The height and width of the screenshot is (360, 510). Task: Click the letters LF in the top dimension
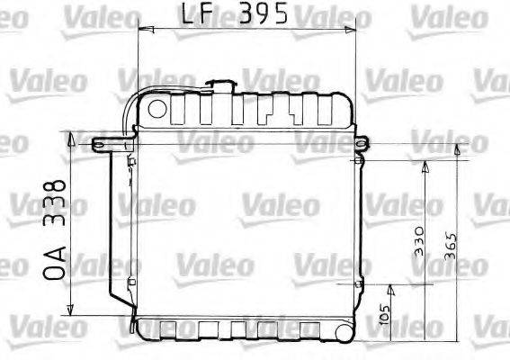[197, 15]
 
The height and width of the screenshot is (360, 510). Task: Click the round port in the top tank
[157, 110]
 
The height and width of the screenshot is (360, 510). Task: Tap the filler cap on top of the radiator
[220, 86]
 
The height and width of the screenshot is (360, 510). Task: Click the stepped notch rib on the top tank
[266, 112]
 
